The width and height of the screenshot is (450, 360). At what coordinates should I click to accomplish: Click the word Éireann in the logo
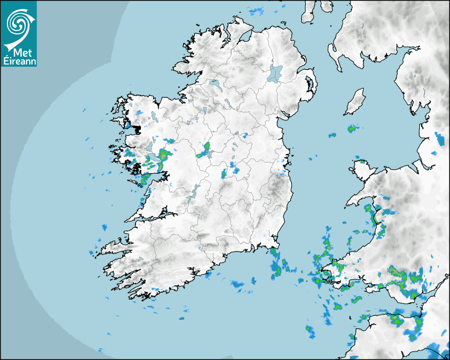19,61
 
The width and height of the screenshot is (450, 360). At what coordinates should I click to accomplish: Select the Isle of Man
355,102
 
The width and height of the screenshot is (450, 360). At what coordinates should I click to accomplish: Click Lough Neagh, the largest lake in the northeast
275,73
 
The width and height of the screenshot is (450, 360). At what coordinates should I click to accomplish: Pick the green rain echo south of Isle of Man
352,128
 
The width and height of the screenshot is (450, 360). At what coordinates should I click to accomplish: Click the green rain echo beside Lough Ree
204,150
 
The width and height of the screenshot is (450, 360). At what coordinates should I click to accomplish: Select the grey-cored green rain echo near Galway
164,155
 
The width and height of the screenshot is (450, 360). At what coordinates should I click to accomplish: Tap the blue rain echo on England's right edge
441,139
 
